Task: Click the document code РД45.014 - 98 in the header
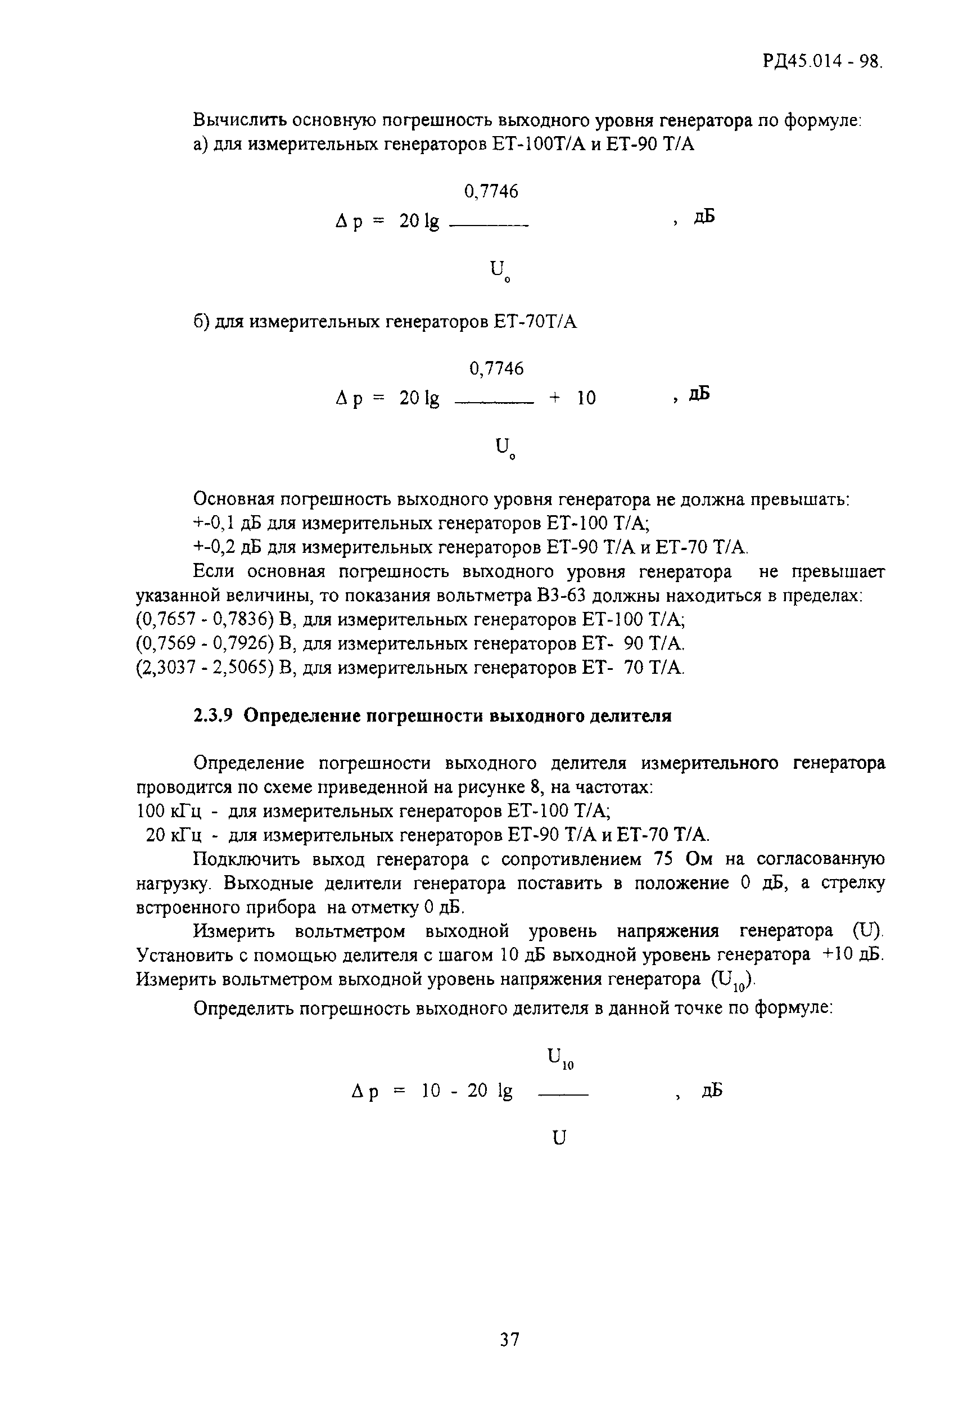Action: [821, 62]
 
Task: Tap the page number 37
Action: [509, 1339]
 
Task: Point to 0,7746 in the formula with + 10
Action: [496, 368]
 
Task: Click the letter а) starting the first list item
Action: [200, 145]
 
